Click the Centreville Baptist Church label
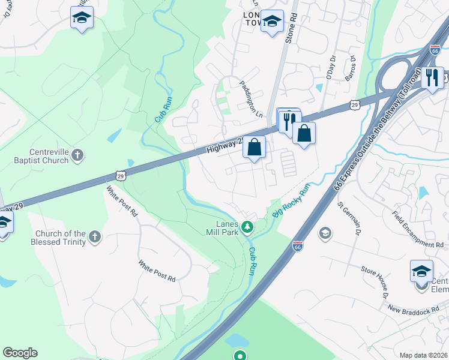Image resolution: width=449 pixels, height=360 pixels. tap(42, 157)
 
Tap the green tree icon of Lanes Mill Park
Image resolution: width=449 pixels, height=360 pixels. tap(247, 227)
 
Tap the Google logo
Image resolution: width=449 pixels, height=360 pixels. tap(20, 353)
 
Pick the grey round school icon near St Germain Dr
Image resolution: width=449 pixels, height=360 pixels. tap(325, 233)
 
